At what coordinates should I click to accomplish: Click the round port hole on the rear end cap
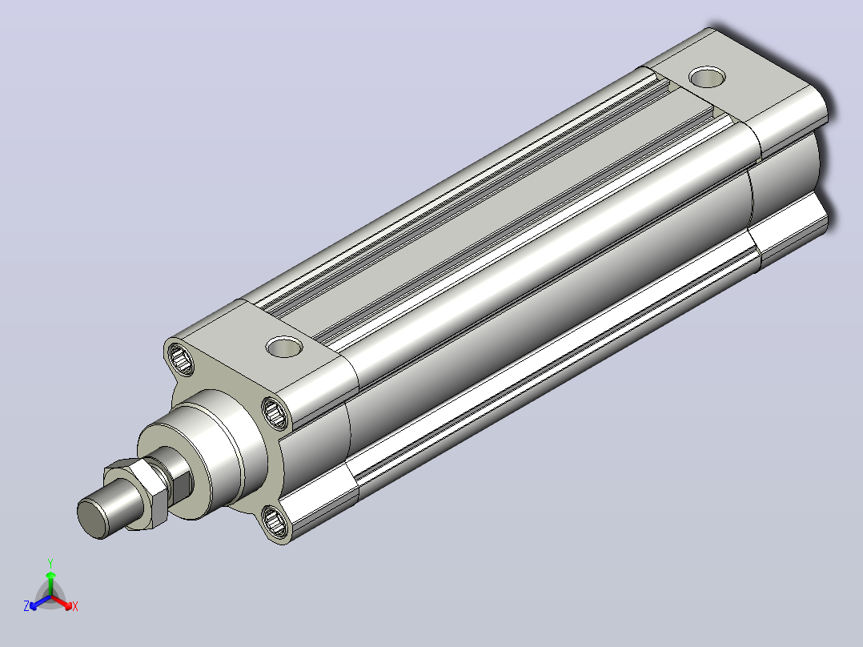click(x=707, y=78)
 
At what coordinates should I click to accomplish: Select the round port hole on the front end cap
click(x=284, y=348)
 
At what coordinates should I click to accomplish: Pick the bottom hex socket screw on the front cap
click(x=275, y=522)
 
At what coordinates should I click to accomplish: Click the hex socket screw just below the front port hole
click(x=275, y=412)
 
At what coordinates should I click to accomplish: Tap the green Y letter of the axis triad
click(x=50, y=563)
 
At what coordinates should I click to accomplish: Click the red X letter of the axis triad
click(x=75, y=606)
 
